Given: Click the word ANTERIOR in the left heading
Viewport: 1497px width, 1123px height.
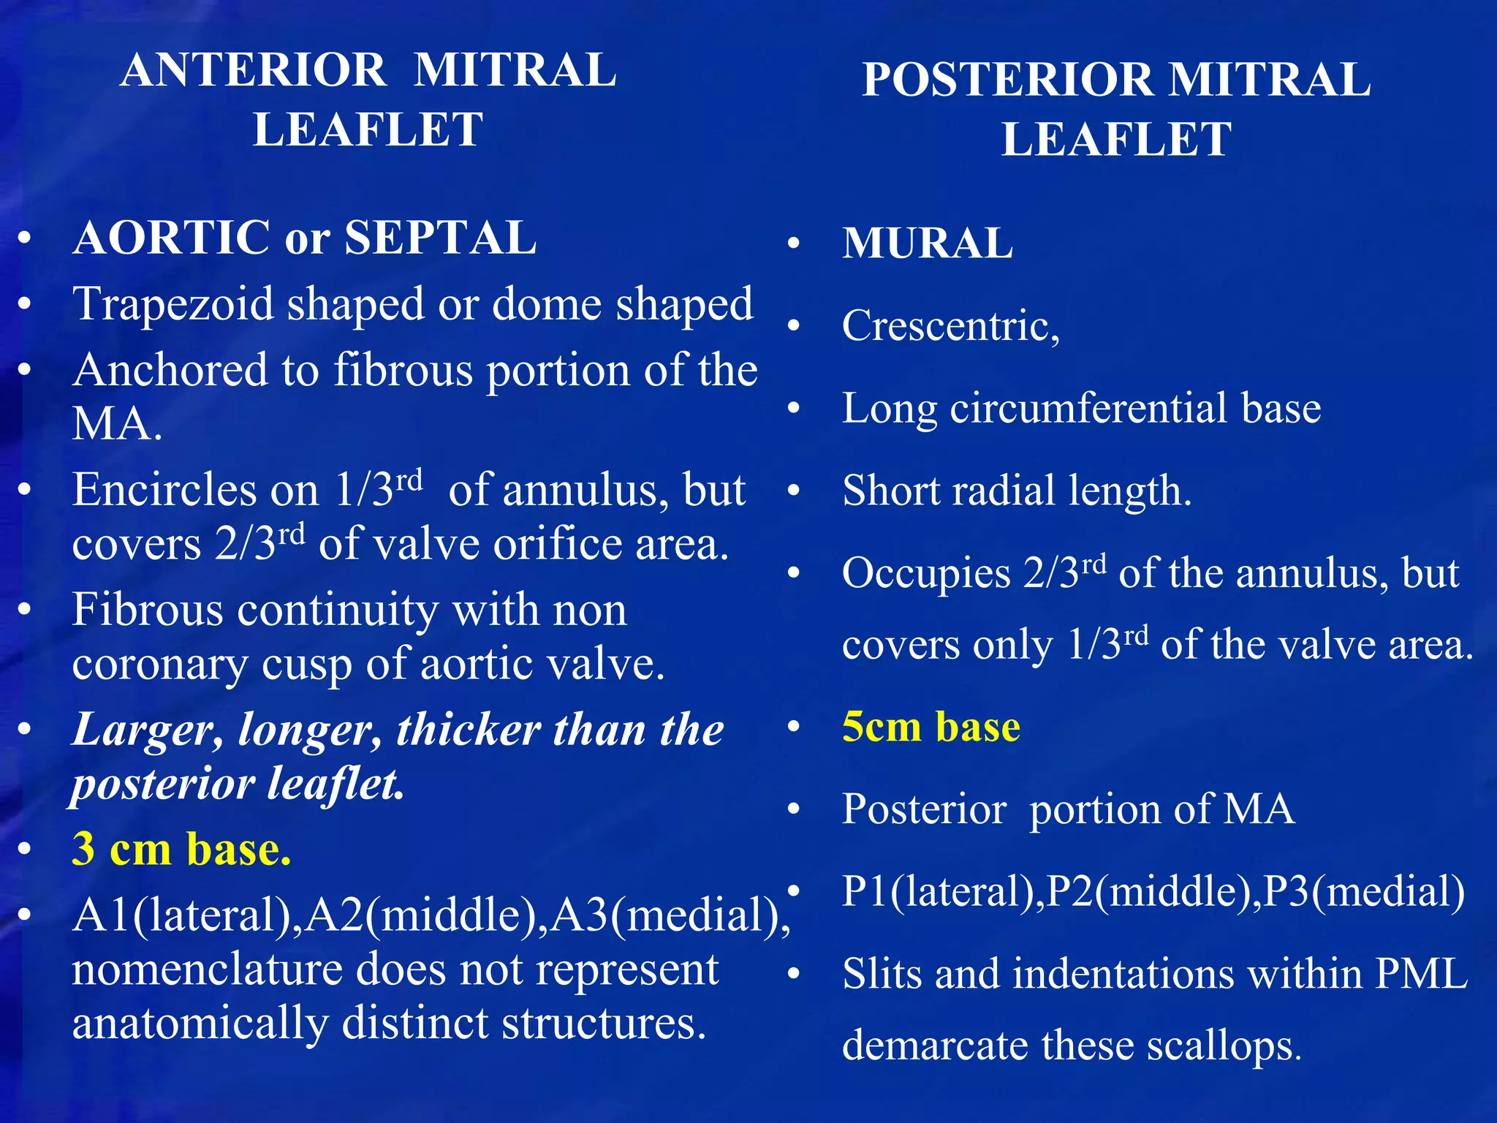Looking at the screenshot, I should point(254,71).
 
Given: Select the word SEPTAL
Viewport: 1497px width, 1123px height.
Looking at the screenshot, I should point(440,238).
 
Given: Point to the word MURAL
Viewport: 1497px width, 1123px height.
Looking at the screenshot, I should point(928,243).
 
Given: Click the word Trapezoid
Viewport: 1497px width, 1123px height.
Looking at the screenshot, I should point(173,304).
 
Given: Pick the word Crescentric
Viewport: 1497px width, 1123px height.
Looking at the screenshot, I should point(950,325).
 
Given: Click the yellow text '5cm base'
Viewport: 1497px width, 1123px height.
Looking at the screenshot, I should point(931,727).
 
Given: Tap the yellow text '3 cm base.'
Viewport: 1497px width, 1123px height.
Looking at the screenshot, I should point(181,850).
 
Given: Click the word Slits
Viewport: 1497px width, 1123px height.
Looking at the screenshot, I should point(883,975).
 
